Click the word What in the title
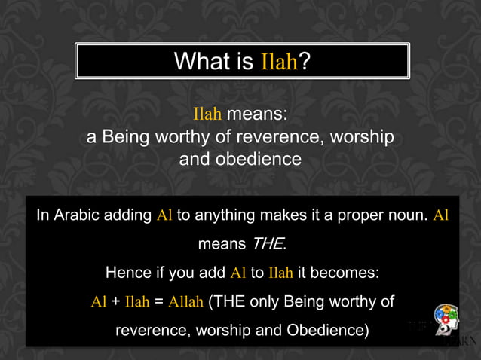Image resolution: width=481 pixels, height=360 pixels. point(201,61)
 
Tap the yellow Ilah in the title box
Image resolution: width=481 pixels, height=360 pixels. point(279,62)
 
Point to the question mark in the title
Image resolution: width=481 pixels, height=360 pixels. point(303,61)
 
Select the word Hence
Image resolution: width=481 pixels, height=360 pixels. point(127,273)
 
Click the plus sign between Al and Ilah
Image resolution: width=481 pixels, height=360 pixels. point(115,302)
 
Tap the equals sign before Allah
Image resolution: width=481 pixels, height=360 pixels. point(158,302)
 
